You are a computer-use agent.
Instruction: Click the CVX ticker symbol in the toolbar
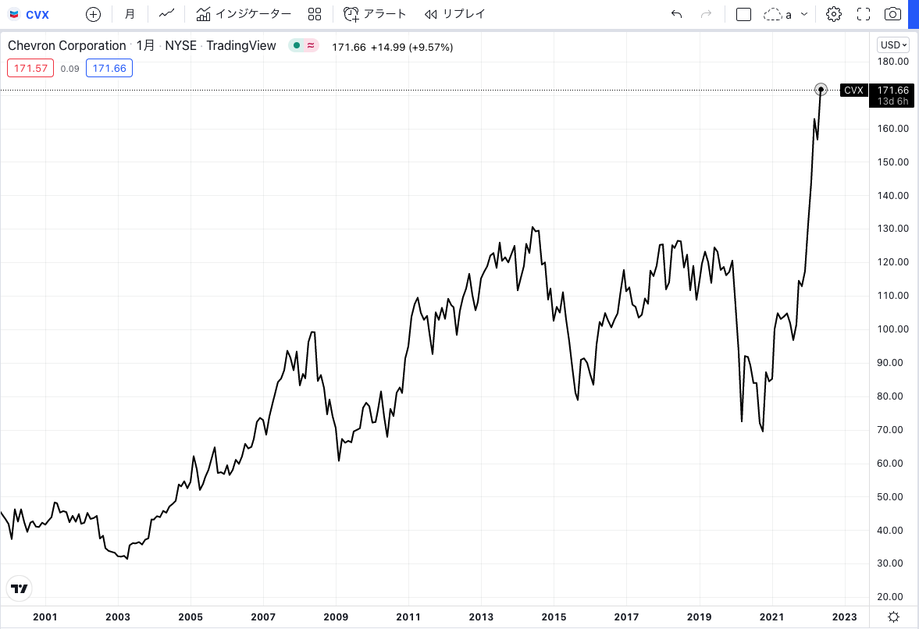[37, 14]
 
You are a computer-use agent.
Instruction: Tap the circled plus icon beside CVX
[93, 14]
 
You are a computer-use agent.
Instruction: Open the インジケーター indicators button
[244, 14]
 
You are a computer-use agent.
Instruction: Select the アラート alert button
[376, 14]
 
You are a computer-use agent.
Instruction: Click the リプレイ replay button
[454, 14]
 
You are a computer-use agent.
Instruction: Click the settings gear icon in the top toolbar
[834, 14]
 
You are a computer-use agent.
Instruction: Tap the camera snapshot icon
[892, 14]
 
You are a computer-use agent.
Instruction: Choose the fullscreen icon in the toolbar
[864, 14]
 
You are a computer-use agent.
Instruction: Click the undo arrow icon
[676, 14]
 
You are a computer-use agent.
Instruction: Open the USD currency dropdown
[892, 44]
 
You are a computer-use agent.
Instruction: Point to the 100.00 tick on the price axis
[892, 329]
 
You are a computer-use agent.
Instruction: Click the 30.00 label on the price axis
[892, 563]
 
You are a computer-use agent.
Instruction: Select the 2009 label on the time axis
[337, 617]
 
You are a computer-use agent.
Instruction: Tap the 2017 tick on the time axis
[627, 617]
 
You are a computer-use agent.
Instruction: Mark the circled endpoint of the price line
[821, 90]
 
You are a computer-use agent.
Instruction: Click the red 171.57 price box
[29, 69]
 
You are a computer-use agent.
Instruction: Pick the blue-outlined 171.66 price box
[109, 69]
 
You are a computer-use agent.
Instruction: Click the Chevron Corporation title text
[67, 46]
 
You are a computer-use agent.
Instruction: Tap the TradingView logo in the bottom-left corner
[20, 588]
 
